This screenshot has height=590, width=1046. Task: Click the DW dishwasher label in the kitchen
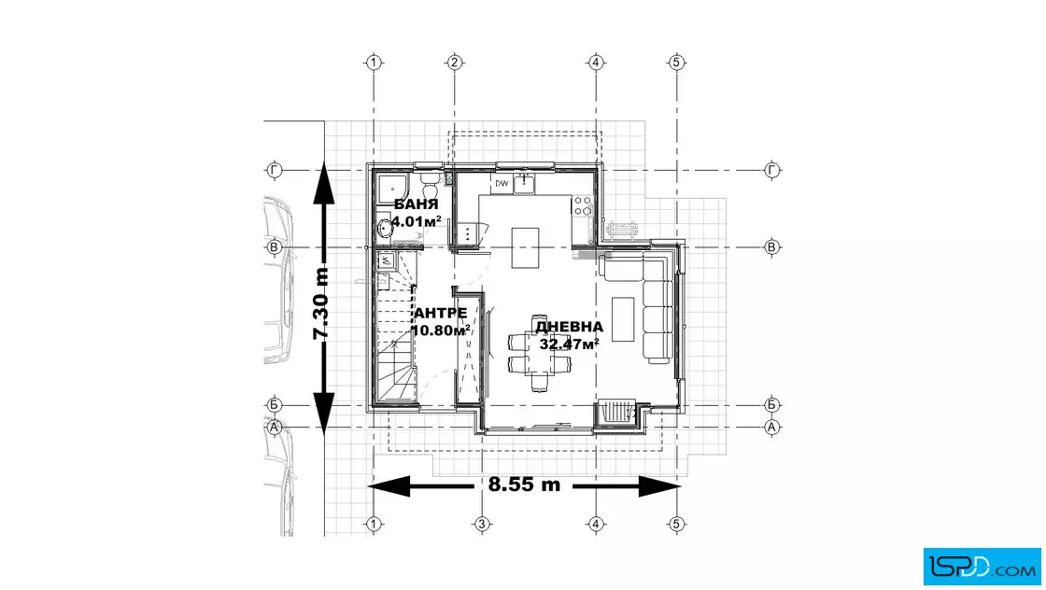pyautogui.click(x=502, y=183)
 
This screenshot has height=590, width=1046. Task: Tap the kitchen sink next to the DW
pyautogui.click(x=524, y=183)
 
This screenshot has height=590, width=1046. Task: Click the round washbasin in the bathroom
pyautogui.click(x=384, y=228)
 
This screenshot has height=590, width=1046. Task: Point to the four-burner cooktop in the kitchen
pyautogui.click(x=583, y=206)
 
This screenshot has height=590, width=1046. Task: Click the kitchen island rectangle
pyautogui.click(x=525, y=247)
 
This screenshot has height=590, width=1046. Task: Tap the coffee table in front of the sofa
pyautogui.click(x=623, y=318)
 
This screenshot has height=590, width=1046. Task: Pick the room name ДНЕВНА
pyautogui.click(x=569, y=327)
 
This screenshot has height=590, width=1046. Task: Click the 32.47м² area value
pyautogui.click(x=569, y=344)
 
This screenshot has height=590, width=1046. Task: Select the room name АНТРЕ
pyautogui.click(x=440, y=314)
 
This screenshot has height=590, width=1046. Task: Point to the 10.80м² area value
pyautogui.click(x=441, y=330)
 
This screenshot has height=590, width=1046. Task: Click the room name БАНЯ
pyautogui.click(x=417, y=204)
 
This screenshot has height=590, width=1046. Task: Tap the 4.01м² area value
pyautogui.click(x=417, y=220)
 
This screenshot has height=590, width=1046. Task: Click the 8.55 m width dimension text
pyautogui.click(x=524, y=485)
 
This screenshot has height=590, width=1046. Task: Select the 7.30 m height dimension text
pyautogui.click(x=321, y=303)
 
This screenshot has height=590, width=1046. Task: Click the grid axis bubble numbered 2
pyautogui.click(x=454, y=63)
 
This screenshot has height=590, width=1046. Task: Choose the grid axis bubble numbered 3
pyautogui.click(x=482, y=524)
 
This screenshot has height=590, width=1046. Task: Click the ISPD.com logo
pyautogui.click(x=982, y=567)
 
